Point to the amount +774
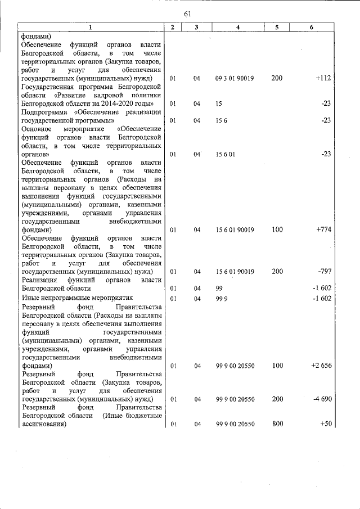click(x=323, y=229)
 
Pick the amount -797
click(x=324, y=272)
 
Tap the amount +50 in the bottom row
click(x=325, y=424)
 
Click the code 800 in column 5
click(x=277, y=424)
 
